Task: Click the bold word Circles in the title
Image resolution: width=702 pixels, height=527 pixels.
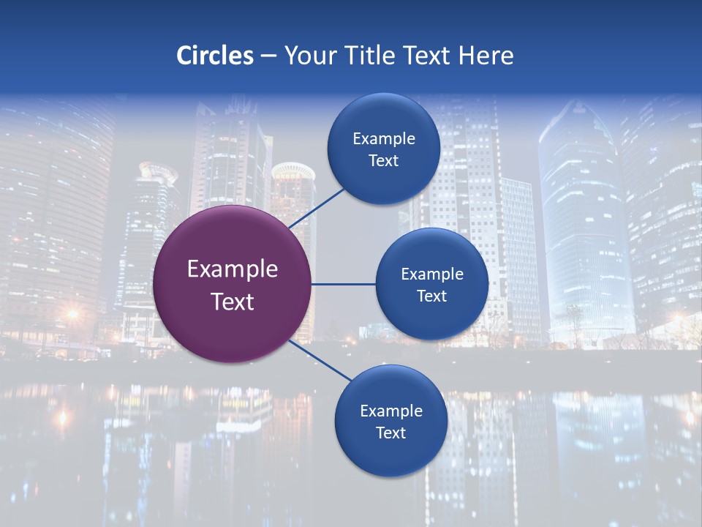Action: pos(215,56)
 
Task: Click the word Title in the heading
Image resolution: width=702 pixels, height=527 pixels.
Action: pos(369,56)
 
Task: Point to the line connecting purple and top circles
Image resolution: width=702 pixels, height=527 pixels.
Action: pos(317,208)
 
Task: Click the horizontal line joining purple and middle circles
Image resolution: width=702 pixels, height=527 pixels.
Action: pos(343,284)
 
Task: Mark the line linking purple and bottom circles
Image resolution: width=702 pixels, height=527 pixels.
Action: pos(320,361)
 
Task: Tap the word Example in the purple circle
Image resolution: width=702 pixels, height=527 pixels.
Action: pos(233,269)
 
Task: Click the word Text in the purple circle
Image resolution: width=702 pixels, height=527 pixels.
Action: pos(233,302)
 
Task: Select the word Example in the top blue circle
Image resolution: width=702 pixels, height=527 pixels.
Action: pos(384,139)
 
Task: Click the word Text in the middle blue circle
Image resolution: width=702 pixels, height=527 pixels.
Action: pos(431,296)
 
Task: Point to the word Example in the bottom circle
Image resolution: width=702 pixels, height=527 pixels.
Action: pos(391,411)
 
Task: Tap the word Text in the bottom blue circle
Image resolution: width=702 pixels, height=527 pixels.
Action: pos(390,433)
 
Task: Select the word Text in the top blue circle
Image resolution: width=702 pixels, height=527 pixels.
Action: pos(383,160)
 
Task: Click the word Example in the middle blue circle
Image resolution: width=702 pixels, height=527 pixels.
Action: pos(432,274)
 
